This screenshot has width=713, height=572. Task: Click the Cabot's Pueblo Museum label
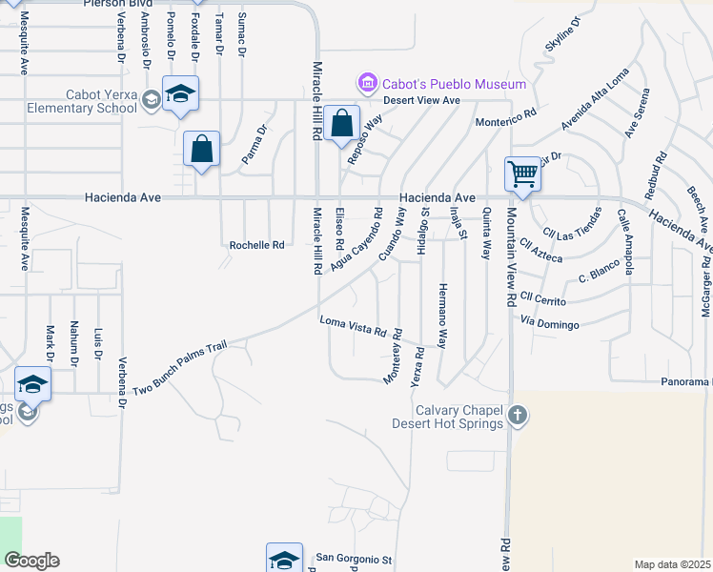[454, 84]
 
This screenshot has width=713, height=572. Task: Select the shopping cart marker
[522, 174]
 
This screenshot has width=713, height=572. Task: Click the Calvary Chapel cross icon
[518, 415]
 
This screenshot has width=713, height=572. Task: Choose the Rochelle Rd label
[257, 245]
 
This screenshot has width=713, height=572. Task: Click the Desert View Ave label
[422, 100]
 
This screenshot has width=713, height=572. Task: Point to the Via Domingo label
[550, 325]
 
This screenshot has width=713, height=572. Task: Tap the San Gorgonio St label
[354, 558]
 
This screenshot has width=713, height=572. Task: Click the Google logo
[31, 561]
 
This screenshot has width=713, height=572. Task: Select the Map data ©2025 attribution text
[673, 564]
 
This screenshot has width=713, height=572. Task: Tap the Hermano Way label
[442, 316]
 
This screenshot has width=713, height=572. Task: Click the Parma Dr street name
[253, 143]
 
